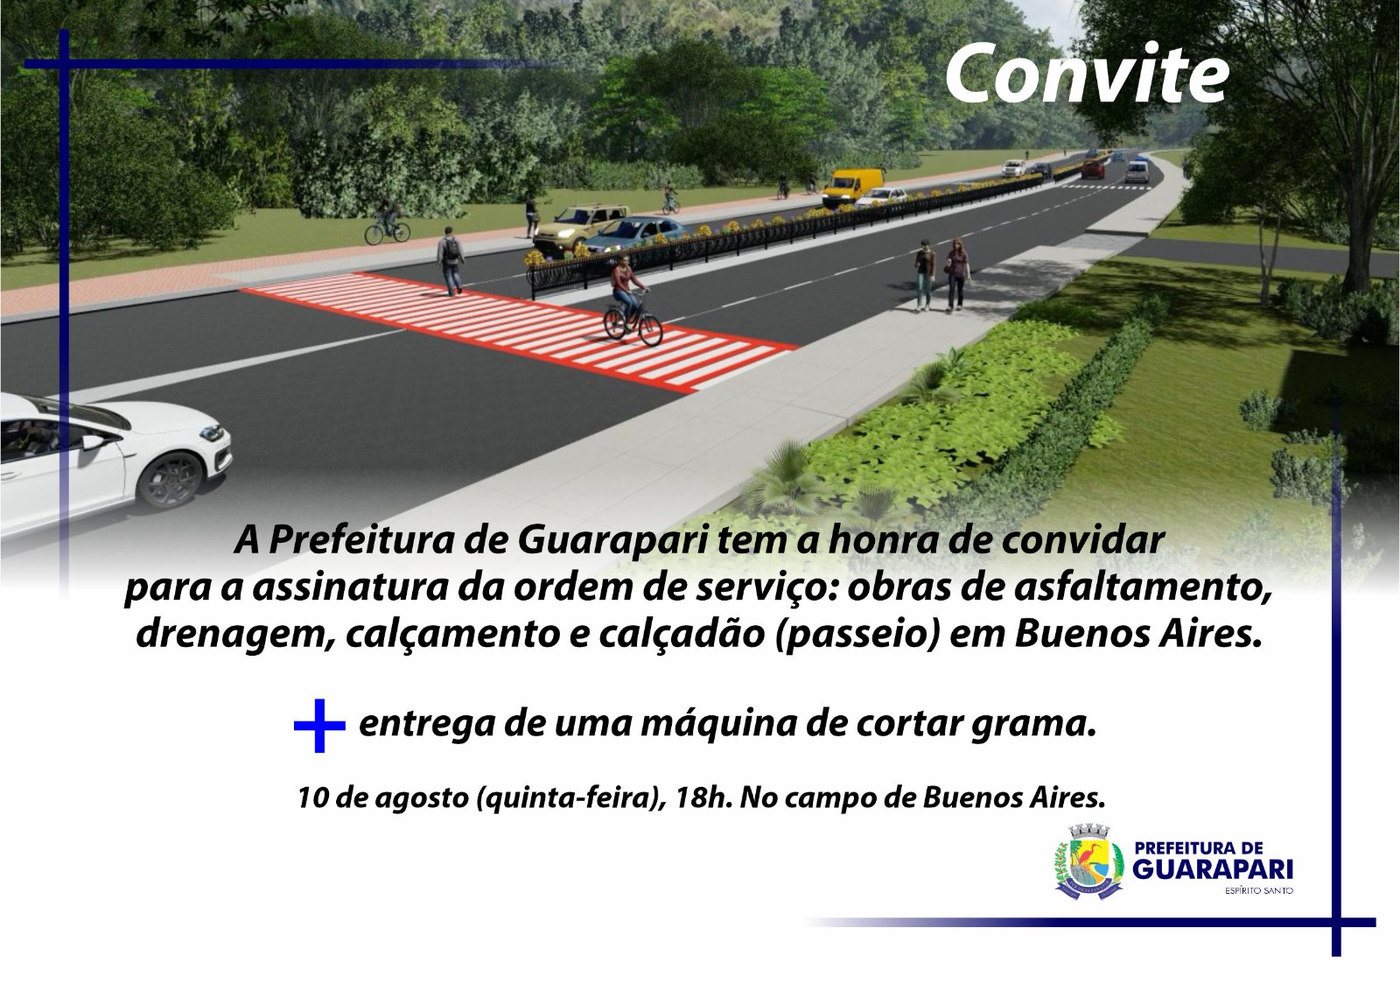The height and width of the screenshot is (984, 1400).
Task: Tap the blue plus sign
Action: pyautogui.click(x=319, y=725)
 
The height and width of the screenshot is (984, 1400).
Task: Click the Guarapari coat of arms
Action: pyautogui.click(x=1088, y=861)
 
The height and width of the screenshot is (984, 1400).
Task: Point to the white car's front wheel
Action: pyautogui.click(x=169, y=480)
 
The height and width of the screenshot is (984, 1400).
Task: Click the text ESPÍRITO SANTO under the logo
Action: pyautogui.click(x=1259, y=890)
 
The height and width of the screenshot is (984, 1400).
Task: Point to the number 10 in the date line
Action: pyautogui.click(x=310, y=798)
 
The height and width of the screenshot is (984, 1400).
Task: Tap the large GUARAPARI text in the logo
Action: pyautogui.click(x=1213, y=869)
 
